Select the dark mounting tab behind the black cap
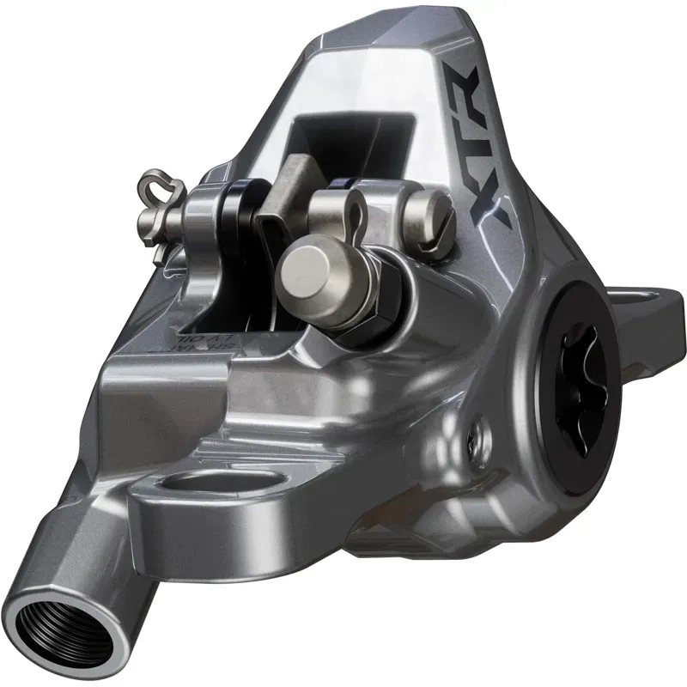tap(653, 309)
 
